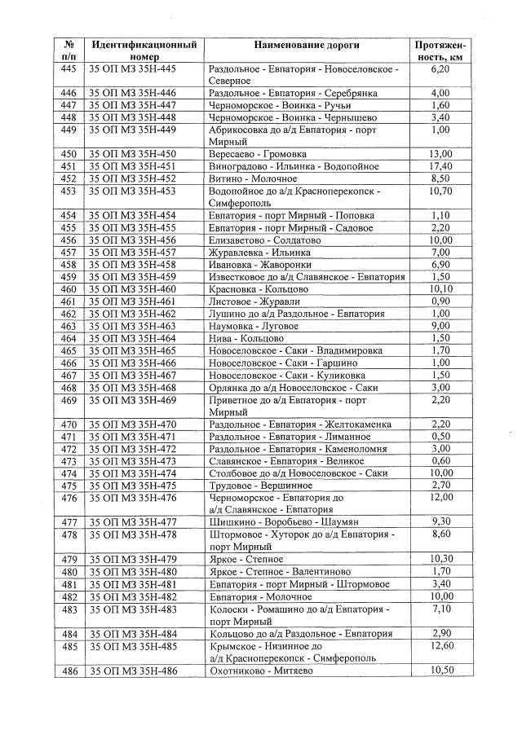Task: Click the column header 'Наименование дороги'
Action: (x=306, y=46)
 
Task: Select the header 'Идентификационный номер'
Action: (x=144, y=51)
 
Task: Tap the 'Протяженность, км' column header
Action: (x=440, y=51)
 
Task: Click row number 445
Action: (x=69, y=70)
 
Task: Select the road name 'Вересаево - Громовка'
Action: (x=258, y=154)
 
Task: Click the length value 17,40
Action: (x=440, y=166)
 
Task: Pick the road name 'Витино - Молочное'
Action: (x=253, y=178)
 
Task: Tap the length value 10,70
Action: (x=440, y=191)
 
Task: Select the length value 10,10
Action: (x=440, y=289)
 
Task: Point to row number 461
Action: (x=69, y=301)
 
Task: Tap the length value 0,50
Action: (x=440, y=437)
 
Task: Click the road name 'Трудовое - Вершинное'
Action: (x=260, y=486)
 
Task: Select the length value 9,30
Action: (x=440, y=522)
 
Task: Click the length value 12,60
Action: (x=440, y=645)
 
